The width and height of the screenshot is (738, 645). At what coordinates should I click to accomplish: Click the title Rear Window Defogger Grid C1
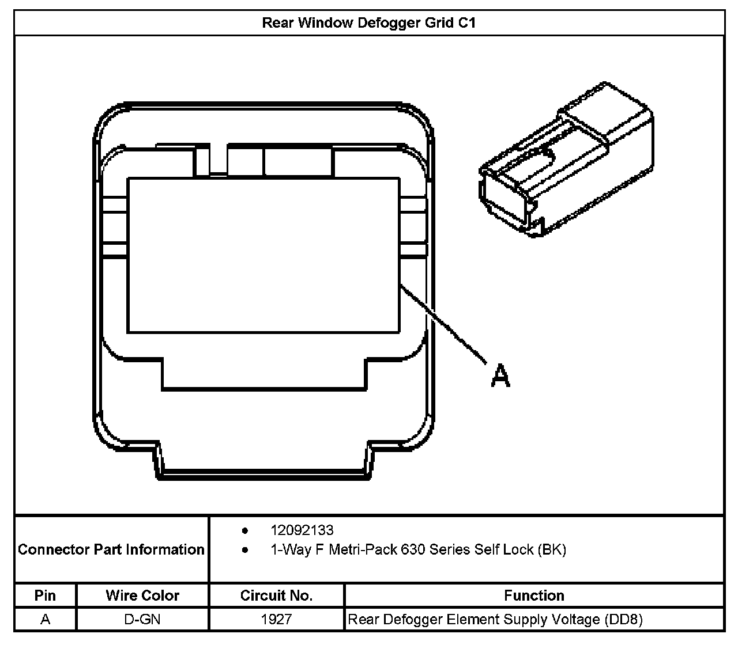(369, 23)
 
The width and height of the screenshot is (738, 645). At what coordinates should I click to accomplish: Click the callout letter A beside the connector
(500, 375)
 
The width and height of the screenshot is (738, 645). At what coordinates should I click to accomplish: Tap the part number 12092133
(302, 530)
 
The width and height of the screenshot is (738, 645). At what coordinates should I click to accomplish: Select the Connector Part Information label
(111, 549)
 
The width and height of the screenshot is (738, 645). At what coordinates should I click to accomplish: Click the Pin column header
(45, 595)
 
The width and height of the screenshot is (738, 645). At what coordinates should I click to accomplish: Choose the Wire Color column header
(142, 595)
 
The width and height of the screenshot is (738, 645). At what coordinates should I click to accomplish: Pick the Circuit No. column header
(276, 595)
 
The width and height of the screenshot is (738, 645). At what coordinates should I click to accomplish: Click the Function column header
(534, 595)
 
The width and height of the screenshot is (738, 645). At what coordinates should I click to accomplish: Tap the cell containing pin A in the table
(45, 620)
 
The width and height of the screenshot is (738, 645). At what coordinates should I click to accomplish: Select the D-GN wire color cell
(142, 620)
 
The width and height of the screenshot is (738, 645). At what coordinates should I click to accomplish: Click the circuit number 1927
(276, 620)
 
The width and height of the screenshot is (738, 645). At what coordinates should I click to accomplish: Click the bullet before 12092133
(245, 530)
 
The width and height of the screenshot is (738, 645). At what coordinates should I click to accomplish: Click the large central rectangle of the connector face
(263, 255)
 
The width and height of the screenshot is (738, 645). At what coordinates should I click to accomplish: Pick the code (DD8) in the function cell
(623, 620)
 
